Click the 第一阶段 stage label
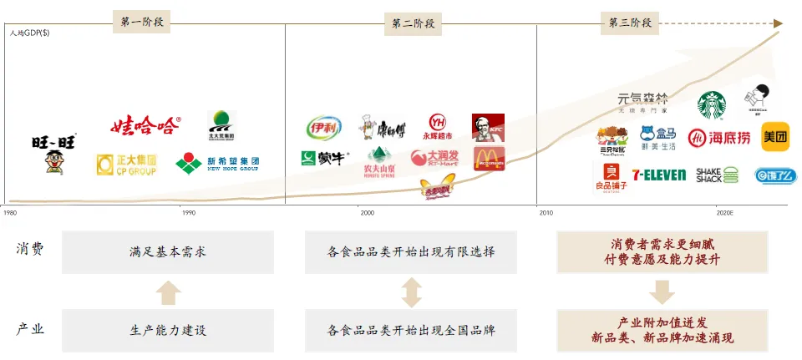pos(141,23)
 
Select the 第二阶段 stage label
pos(412,23)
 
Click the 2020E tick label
pos(723,213)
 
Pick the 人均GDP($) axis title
pos(30,33)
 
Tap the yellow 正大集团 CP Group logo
pos(126,165)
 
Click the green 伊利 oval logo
pos(323,128)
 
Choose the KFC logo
pos(488,128)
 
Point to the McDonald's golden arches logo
pos(489,159)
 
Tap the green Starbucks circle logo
pos(712,105)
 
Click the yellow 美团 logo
pos(775,136)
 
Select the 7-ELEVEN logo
pos(658,175)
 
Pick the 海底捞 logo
pos(719,137)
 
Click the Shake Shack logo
pos(718,175)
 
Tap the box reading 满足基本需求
pos(168,251)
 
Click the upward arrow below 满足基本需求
pos(168,292)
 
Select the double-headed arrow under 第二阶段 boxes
pos(411,292)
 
